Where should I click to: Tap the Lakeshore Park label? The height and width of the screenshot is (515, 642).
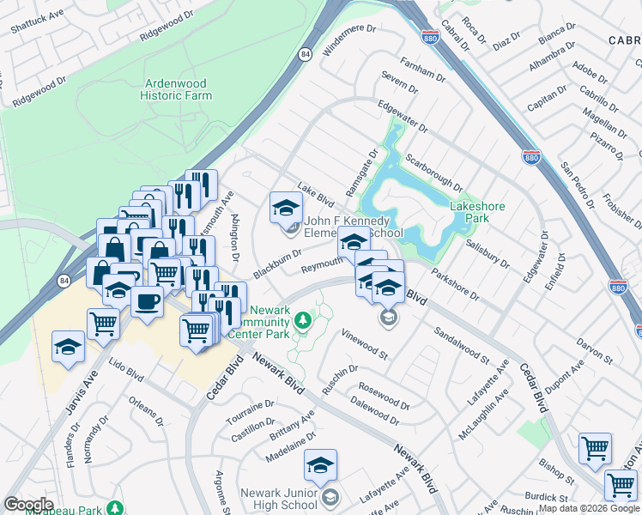pyautogui.click(x=477, y=212)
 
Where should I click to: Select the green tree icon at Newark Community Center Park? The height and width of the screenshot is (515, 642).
pyautogui.click(x=302, y=320)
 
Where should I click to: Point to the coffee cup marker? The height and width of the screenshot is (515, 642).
pyautogui.click(x=148, y=301)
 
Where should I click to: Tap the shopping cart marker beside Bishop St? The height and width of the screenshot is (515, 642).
pyautogui.click(x=595, y=448)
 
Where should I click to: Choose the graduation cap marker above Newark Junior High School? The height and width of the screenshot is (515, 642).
pyautogui.click(x=320, y=465)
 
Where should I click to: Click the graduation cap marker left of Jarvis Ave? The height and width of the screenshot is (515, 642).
pyautogui.click(x=68, y=347)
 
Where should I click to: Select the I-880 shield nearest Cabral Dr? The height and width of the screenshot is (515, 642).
pyautogui.click(x=430, y=38)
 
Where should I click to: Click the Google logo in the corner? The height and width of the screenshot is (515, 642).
pyautogui.click(x=28, y=505)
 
